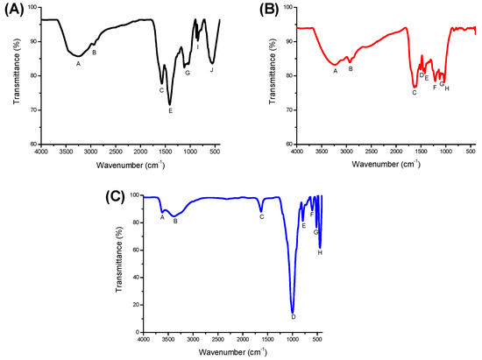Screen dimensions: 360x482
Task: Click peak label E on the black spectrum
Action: (170, 111)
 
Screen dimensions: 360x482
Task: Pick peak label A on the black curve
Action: (78, 63)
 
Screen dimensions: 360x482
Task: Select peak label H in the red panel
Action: (447, 88)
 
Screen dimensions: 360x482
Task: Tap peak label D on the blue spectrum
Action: (294, 317)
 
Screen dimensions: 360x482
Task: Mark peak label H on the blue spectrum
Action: (320, 252)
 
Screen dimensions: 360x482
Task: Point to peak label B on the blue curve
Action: (175, 222)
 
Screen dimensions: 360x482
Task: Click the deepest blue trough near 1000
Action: (293, 310)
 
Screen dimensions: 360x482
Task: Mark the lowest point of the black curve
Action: (170, 104)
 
